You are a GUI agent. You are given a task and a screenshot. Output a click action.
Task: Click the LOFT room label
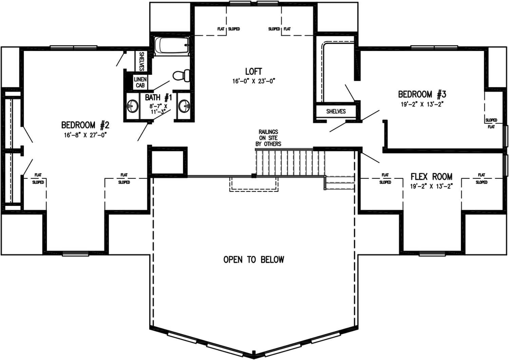pyautogui.click(x=253, y=71)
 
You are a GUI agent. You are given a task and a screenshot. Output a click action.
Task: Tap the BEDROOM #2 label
pyautogui.click(x=85, y=125)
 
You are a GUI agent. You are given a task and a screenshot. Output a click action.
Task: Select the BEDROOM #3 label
pyautogui.click(x=422, y=94)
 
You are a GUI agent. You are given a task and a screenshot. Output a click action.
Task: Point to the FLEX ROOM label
pyautogui.click(x=431, y=176)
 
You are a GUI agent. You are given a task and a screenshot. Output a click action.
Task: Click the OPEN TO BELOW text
pyautogui.click(x=253, y=260)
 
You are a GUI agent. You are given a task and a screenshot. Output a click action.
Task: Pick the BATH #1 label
pyautogui.click(x=158, y=98)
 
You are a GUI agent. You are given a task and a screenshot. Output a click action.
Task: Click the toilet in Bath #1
pyautogui.click(x=182, y=75)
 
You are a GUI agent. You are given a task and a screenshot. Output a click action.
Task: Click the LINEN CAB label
pyautogui.click(x=140, y=82)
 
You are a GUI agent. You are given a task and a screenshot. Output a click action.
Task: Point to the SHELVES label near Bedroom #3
pyautogui.click(x=336, y=111)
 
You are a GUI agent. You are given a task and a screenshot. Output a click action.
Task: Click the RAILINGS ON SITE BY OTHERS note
pyautogui.click(x=268, y=138)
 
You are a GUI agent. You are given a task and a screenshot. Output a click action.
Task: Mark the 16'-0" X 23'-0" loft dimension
pyautogui.click(x=253, y=81)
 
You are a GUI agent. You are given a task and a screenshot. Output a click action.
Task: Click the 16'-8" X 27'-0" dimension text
pyautogui.click(x=85, y=135)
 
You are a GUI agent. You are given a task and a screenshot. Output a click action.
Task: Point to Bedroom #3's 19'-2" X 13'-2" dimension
pyautogui.click(x=422, y=104)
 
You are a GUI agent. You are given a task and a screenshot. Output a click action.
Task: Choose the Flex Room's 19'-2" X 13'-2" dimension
pyautogui.click(x=431, y=186)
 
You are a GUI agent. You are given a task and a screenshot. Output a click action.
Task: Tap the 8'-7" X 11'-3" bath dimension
pyautogui.click(x=158, y=109)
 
